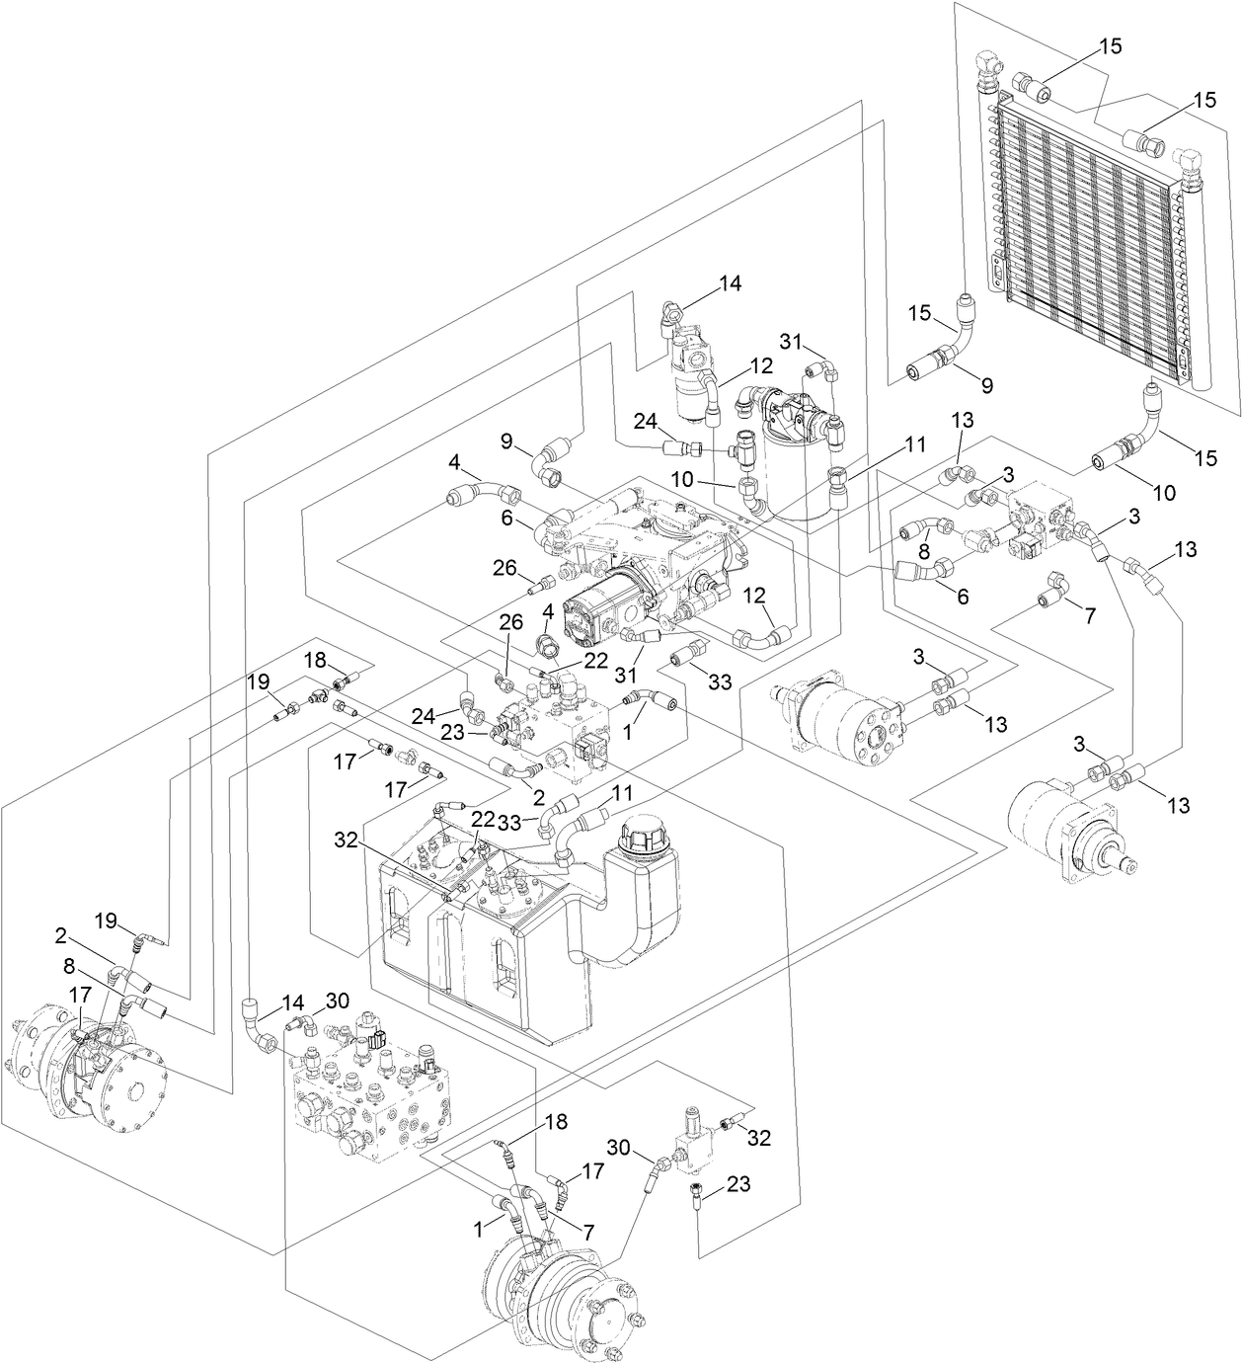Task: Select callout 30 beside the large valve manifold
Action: pyautogui.click(x=337, y=1001)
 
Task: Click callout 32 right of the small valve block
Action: pyautogui.click(x=759, y=1137)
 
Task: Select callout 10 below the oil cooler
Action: pyautogui.click(x=1165, y=491)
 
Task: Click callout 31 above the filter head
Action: pyautogui.click(x=790, y=341)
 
